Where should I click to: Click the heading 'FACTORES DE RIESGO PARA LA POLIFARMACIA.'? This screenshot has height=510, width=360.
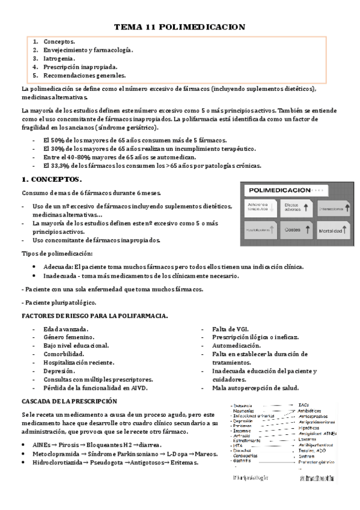(x=94, y=316)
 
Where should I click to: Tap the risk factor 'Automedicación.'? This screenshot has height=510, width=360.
(x=236, y=346)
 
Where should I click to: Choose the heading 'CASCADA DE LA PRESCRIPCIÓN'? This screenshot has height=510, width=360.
(x=69, y=401)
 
